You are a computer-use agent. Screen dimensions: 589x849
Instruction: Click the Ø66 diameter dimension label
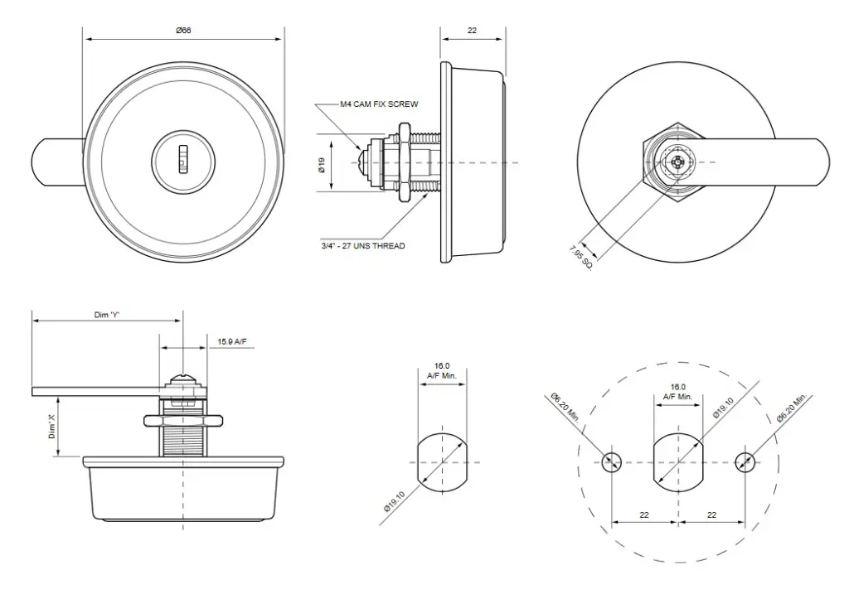coord(183,31)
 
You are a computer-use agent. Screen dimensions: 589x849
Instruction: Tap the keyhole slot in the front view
coord(184,156)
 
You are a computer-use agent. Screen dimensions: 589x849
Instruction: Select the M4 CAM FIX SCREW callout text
coord(379,105)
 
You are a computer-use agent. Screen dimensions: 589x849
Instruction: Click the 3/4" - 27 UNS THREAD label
coord(363,246)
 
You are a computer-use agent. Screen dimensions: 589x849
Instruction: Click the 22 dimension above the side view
coord(472,31)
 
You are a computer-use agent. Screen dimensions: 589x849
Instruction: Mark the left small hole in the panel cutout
coord(612,462)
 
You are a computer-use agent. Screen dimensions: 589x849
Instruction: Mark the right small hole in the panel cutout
coord(745,462)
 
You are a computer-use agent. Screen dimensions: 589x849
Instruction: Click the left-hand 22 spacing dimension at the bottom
coord(644,515)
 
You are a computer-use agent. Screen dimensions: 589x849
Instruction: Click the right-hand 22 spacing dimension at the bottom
coord(712,515)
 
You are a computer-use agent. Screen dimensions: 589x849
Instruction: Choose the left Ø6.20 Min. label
coord(570,406)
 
